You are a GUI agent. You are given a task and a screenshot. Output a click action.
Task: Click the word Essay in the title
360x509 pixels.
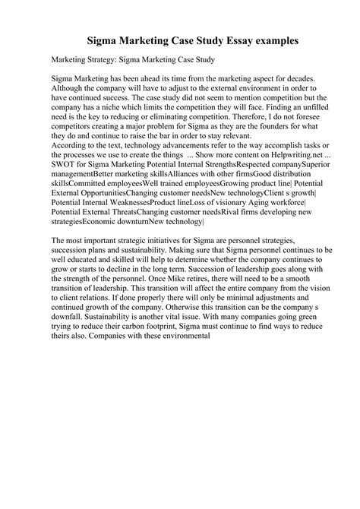pyautogui.click(x=215, y=37)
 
